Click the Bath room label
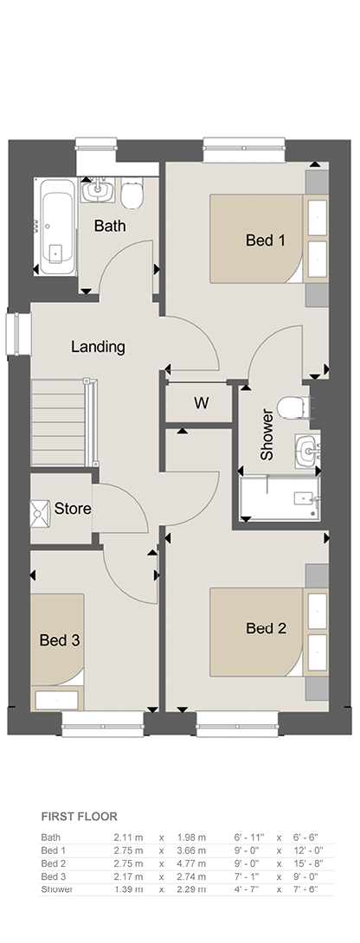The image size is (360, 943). pos(110,226)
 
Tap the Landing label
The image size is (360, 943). pos(98,346)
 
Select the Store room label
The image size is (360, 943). pos(73,508)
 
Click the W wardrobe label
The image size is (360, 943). pos(201,403)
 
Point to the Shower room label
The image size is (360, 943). pos(267,435)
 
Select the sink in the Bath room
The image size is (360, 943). pos(96,190)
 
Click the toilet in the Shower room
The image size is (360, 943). pos(295,406)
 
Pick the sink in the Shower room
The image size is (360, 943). pos(308,450)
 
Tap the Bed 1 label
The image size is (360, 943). pos(266,240)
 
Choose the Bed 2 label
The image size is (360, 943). pos(266,628)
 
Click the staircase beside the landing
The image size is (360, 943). pos(63,421)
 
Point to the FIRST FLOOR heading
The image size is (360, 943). pos(79,816)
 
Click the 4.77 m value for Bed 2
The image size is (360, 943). pos(191,863)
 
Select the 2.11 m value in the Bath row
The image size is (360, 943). pos(128,837)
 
